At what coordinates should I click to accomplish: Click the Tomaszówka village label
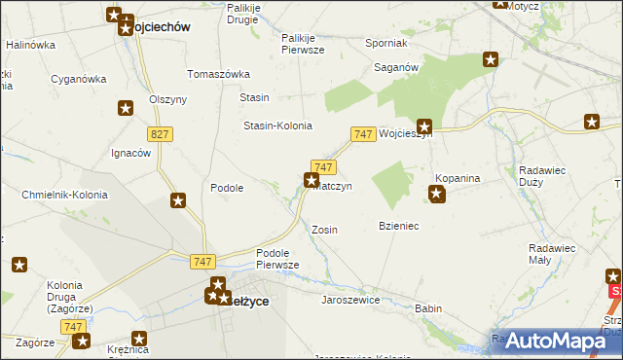(219, 74)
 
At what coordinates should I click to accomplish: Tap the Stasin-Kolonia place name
(277, 126)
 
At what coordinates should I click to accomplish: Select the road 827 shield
(161, 133)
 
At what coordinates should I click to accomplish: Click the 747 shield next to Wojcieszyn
(363, 133)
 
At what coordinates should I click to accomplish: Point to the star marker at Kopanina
(437, 195)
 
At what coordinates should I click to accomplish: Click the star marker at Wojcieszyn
(424, 126)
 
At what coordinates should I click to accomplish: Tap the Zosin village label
(324, 230)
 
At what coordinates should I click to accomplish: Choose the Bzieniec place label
(398, 226)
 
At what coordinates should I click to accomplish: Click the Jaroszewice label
(350, 300)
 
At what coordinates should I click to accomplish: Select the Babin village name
(428, 308)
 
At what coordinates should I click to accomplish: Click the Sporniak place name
(385, 44)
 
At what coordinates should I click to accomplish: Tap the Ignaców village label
(129, 153)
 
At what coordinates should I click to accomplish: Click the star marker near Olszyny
(125, 108)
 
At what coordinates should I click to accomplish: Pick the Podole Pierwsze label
(277, 259)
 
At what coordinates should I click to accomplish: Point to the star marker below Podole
(178, 200)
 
